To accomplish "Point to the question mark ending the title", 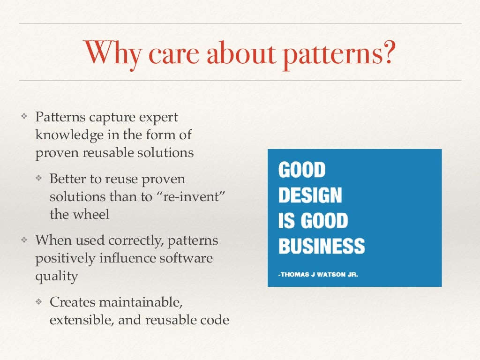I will [389, 53].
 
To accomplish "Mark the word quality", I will [56, 276].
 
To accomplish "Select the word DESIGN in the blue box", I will [310, 195].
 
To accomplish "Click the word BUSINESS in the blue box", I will [321, 246].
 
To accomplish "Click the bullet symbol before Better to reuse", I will [40, 179].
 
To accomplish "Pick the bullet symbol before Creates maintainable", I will [40, 302].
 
